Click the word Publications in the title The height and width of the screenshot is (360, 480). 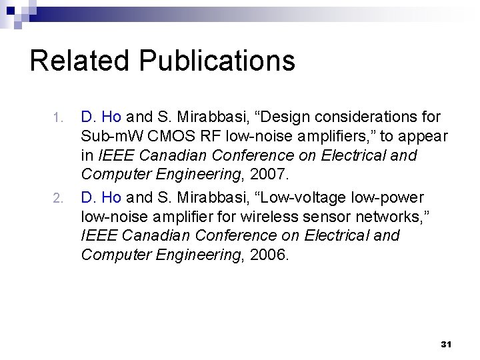click(x=217, y=60)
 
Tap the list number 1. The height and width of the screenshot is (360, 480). click(x=57, y=118)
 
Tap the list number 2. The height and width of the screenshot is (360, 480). click(x=57, y=198)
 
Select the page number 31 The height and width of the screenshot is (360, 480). click(x=447, y=344)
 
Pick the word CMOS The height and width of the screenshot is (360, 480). click(x=163, y=137)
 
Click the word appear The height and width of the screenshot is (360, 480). click(x=425, y=137)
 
